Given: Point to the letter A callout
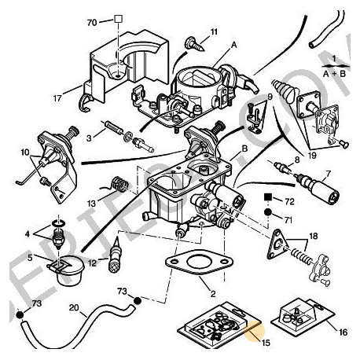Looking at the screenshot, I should pyautogui.click(x=234, y=46).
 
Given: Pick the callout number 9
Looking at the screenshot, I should pyautogui.click(x=269, y=97).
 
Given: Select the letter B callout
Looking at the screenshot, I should pyautogui.click(x=246, y=146).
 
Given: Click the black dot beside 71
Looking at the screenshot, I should pyautogui.click(x=267, y=212).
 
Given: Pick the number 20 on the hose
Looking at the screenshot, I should pyautogui.click(x=73, y=308).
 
